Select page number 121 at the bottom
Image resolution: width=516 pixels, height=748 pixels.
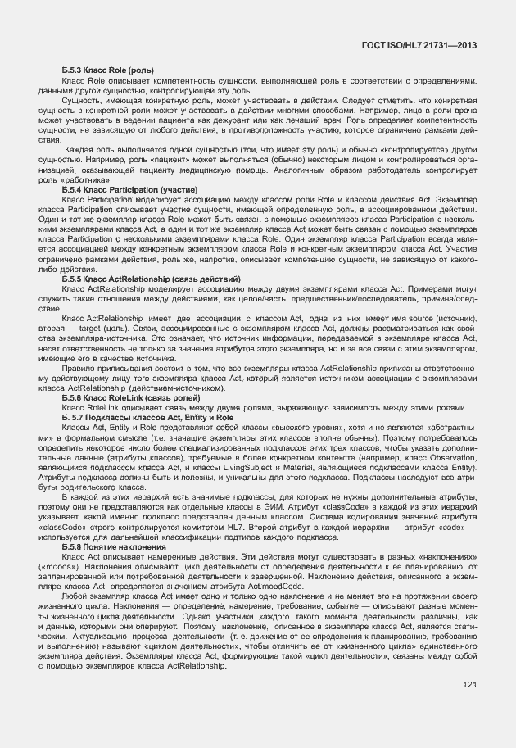click(469, 684)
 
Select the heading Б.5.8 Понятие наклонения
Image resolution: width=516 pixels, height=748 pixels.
click(114, 546)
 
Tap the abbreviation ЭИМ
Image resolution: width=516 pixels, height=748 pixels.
click(258, 507)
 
